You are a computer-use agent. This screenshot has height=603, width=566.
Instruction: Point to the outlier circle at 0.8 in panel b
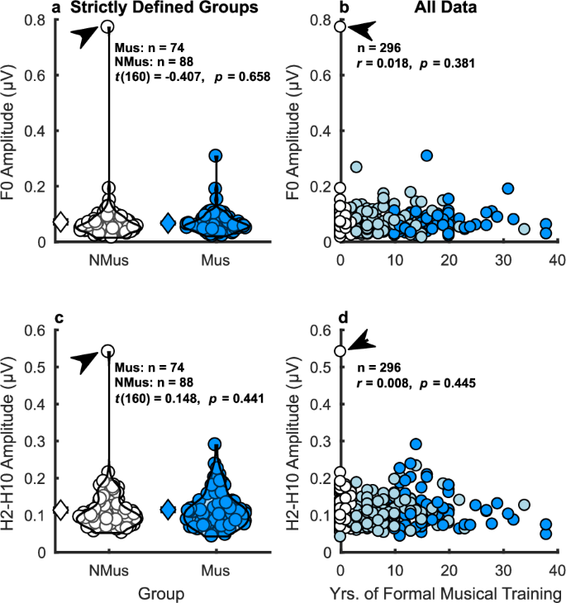(340, 27)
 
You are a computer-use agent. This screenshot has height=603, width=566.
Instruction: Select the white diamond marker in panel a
(59, 221)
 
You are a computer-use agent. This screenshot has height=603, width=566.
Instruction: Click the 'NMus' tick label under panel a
(107, 258)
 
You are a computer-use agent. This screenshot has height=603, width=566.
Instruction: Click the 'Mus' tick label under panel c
(215, 570)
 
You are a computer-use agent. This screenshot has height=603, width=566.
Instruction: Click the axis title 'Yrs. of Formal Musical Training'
(447, 592)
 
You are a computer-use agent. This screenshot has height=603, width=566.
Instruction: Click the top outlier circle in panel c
(107, 350)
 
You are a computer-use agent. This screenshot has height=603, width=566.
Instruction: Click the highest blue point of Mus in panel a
(215, 155)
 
